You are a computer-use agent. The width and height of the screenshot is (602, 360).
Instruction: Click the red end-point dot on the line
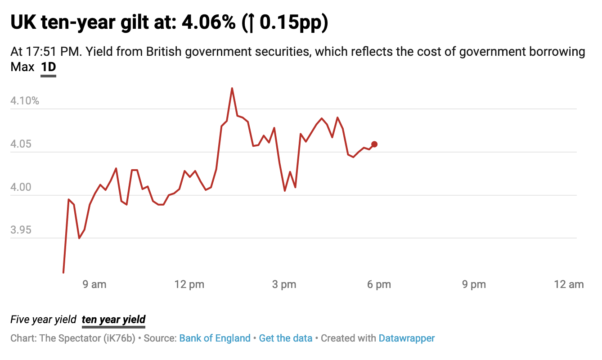pos(374,144)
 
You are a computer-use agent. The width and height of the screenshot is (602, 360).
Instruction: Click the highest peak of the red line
pos(232,89)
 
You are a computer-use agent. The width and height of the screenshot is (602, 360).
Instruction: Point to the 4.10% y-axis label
pos(25,101)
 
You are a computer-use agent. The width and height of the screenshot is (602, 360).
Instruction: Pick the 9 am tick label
pos(94,284)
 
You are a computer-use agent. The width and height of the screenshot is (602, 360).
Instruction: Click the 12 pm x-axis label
pos(189,284)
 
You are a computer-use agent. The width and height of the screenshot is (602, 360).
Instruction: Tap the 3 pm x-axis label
pos(284,284)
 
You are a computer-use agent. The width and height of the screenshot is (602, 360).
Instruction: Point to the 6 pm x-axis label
pos(379,284)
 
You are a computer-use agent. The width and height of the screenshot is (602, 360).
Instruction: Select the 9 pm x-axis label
pos(474,284)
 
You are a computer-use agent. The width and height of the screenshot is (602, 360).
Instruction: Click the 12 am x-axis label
pos(569,284)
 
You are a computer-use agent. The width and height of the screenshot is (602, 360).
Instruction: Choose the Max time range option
pos(22,67)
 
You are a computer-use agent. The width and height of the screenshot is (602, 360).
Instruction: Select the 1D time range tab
pos(48,67)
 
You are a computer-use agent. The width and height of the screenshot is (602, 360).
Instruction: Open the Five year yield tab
pos(44,319)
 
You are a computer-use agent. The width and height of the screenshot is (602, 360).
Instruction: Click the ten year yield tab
pos(113,319)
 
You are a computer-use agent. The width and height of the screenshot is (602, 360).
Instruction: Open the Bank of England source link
pos(215,338)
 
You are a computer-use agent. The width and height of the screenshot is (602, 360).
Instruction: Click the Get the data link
pos(285,338)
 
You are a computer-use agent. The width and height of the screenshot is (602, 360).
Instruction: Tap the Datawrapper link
pos(407,338)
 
